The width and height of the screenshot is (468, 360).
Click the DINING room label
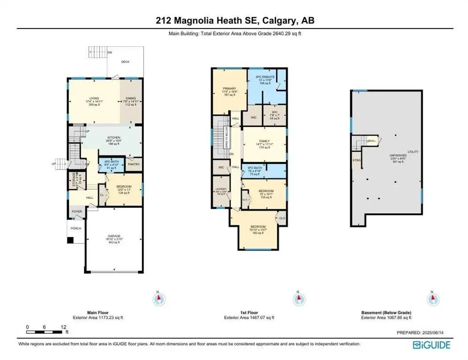(x=130, y=98)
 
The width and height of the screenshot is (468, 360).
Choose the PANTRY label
(x=134, y=165)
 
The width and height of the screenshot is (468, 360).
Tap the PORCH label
(x=75, y=228)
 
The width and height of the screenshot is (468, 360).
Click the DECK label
(x=125, y=62)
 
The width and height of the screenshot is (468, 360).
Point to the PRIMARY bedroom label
(x=229, y=87)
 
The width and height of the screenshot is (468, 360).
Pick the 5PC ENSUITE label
(x=264, y=77)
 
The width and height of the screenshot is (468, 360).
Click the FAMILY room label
(x=264, y=141)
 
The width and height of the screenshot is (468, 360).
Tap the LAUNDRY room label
(x=221, y=189)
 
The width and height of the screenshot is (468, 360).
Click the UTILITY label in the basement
(x=413, y=152)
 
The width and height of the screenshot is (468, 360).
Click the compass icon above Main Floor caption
(x=159, y=298)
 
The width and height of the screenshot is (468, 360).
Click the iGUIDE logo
(x=431, y=345)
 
